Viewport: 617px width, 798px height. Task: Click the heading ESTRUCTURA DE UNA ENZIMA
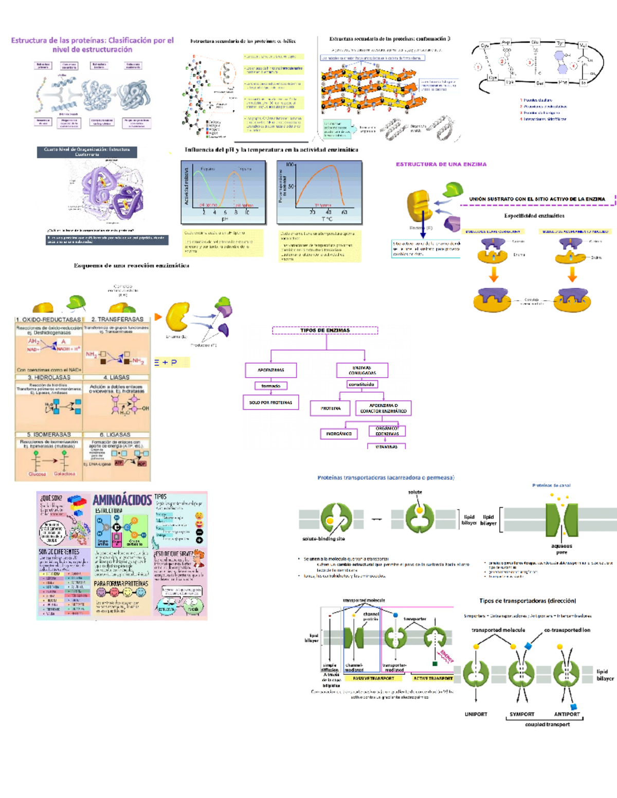(441, 164)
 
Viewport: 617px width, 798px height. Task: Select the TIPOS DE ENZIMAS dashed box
(325, 330)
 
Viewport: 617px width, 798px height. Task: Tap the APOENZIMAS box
(271, 370)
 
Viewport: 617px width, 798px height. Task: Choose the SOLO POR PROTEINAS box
(270, 402)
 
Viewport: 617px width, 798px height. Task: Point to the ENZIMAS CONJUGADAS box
(362, 370)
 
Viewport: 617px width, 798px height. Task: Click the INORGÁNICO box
(339, 434)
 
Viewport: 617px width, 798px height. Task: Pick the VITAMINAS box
(386, 447)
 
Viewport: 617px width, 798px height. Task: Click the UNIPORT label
(476, 714)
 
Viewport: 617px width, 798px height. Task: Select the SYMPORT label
(522, 714)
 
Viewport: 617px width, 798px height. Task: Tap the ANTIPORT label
(567, 714)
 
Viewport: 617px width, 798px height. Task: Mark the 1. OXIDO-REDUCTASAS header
(48, 319)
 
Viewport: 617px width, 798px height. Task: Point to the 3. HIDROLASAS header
(49, 377)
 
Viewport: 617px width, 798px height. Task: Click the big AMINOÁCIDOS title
(122, 500)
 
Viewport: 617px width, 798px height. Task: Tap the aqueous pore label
(561, 549)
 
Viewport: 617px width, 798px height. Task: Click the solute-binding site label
(323, 539)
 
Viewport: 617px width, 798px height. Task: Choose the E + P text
(166, 362)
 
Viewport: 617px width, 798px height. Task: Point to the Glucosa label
(37, 474)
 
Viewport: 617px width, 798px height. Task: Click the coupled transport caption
(547, 725)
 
